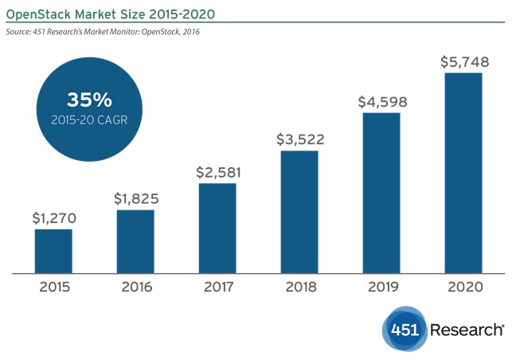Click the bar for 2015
click(x=53, y=251)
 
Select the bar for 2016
click(x=135, y=241)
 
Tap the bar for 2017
click(x=217, y=228)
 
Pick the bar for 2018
click(x=299, y=211)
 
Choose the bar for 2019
click(x=381, y=193)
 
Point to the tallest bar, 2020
click(x=463, y=173)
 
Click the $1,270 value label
click(x=53, y=217)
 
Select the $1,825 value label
click(x=135, y=197)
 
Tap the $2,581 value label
click(x=217, y=171)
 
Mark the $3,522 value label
click(x=299, y=139)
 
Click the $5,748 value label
click(x=463, y=61)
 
